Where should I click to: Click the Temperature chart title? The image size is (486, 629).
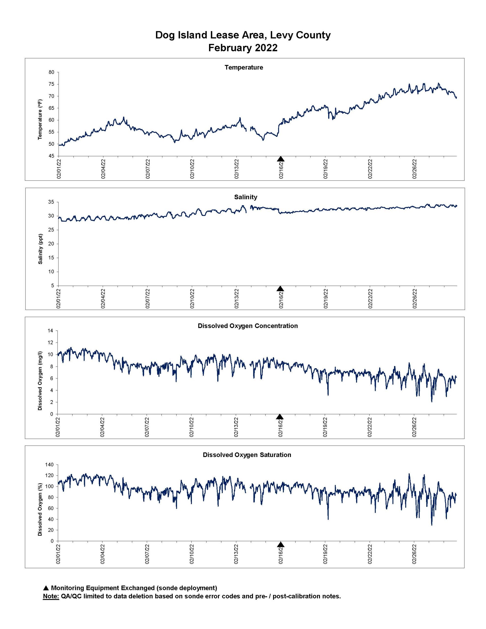[244, 67]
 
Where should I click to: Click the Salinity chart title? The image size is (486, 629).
[245, 197]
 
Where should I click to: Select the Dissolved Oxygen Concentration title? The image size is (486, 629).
[248, 326]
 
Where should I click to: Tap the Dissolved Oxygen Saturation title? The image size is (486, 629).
[247, 455]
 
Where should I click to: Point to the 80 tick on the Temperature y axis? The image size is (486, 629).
[51, 72]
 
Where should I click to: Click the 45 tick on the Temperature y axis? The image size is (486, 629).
[51, 156]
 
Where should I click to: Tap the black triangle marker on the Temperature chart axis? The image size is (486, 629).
[281, 159]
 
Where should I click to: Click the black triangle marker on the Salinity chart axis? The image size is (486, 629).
[280, 289]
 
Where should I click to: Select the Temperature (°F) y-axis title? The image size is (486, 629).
[40, 119]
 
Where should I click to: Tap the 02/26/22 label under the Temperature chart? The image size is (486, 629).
[414, 169]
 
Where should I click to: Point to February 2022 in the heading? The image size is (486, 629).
[243, 47]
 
